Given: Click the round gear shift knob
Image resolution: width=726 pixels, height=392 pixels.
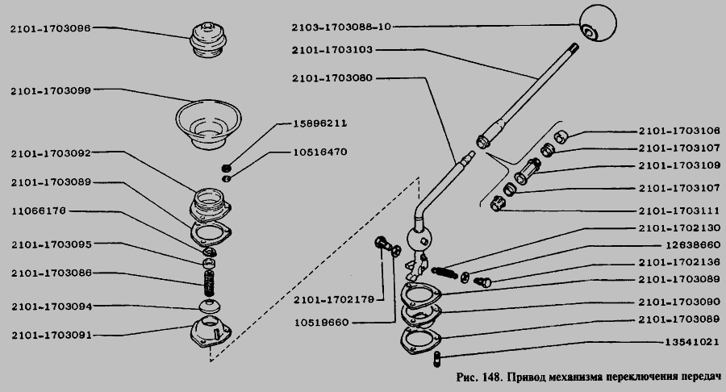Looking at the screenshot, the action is pyautogui.click(x=599, y=23).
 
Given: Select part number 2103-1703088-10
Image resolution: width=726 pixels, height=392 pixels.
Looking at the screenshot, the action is pyautogui.click(x=341, y=27).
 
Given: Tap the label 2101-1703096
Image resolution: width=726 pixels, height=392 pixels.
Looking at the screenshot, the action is pyautogui.click(x=51, y=28).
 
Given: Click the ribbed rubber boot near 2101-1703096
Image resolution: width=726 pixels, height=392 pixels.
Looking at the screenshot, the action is pyautogui.click(x=208, y=40).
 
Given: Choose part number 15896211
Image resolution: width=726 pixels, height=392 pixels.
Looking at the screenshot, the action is pyautogui.click(x=320, y=123).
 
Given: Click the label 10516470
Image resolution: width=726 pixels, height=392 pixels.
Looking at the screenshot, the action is pyautogui.click(x=320, y=152).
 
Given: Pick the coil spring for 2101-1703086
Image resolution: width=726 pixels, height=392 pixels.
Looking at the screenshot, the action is pyautogui.click(x=210, y=283).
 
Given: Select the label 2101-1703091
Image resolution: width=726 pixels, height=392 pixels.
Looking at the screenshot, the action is pyautogui.click(x=52, y=335).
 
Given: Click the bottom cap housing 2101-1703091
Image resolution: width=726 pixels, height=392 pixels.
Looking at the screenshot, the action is pyautogui.click(x=211, y=334).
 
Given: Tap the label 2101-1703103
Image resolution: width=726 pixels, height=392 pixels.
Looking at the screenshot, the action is pyautogui.click(x=332, y=50).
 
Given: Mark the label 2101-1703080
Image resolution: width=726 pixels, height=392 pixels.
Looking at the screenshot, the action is pyautogui.click(x=332, y=78).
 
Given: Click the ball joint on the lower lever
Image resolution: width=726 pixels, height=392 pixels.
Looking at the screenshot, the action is pyautogui.click(x=420, y=240).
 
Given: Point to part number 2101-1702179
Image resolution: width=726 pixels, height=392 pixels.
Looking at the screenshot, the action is pyautogui.click(x=333, y=300).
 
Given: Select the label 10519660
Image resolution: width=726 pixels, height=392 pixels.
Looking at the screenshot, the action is pyautogui.click(x=321, y=323).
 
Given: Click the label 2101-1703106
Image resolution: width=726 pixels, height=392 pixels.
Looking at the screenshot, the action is pyautogui.click(x=679, y=131).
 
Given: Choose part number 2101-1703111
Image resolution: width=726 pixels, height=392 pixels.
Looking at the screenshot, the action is pyautogui.click(x=679, y=211).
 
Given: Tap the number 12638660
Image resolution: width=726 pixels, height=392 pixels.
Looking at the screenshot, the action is pyautogui.click(x=693, y=245).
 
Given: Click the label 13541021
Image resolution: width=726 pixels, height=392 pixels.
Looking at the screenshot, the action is pyautogui.click(x=692, y=343).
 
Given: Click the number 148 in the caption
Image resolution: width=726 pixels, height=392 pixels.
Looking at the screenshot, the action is pyautogui.click(x=492, y=377).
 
